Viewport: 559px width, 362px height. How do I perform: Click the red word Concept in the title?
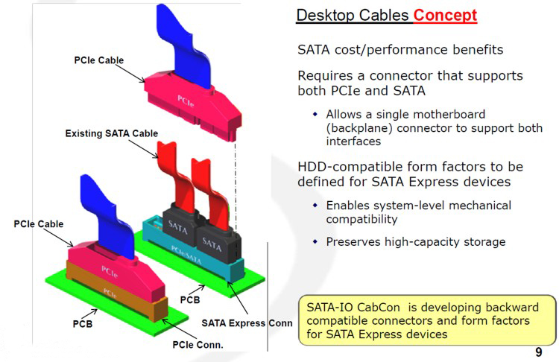tap(445, 15)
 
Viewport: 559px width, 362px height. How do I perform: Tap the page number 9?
tap(538, 352)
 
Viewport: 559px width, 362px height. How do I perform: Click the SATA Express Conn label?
tap(247, 323)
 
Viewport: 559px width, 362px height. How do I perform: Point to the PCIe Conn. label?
tap(197, 344)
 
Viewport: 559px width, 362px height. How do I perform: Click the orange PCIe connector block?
tap(119, 293)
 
